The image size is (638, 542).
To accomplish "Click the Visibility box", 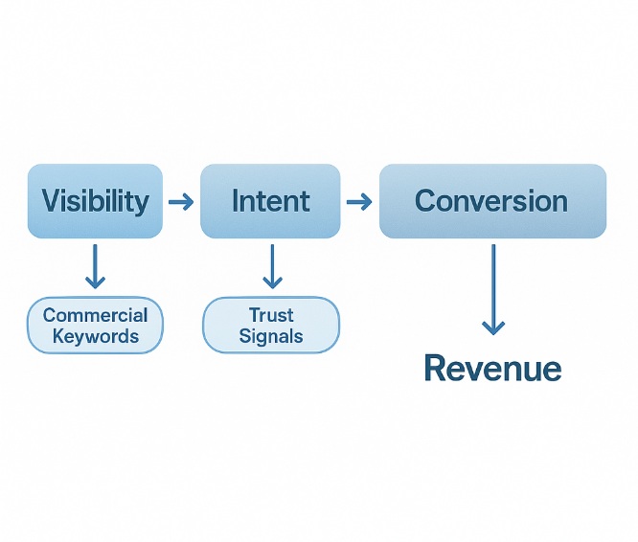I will tap(95, 201).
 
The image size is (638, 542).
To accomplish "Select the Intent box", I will tap(270, 201).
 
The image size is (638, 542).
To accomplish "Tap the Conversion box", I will tap(492, 201).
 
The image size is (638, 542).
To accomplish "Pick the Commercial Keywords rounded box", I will tap(96, 326).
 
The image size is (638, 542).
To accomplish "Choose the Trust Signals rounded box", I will tap(271, 326).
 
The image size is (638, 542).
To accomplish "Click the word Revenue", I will tap(492, 368).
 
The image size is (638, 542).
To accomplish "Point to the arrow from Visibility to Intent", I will tap(180, 202).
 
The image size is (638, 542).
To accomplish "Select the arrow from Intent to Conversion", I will tap(358, 202).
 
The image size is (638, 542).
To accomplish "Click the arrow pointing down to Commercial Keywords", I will tap(95, 266).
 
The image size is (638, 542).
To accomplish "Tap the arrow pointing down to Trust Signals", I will tap(272, 266).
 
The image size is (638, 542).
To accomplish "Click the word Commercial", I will tap(96, 315).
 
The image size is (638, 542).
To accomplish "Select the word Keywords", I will tap(96, 336).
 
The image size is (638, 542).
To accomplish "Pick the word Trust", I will tap(271, 315).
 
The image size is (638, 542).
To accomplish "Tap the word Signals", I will tap(271, 336).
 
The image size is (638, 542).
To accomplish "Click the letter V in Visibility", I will tap(52, 201).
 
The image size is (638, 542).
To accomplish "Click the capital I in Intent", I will tap(236, 201).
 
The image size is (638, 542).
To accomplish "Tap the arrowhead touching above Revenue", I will tap(492, 327).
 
